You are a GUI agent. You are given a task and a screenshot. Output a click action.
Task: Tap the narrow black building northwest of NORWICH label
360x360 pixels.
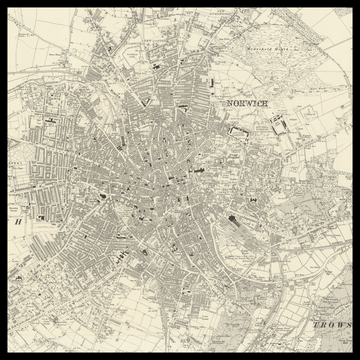(213, 82)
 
